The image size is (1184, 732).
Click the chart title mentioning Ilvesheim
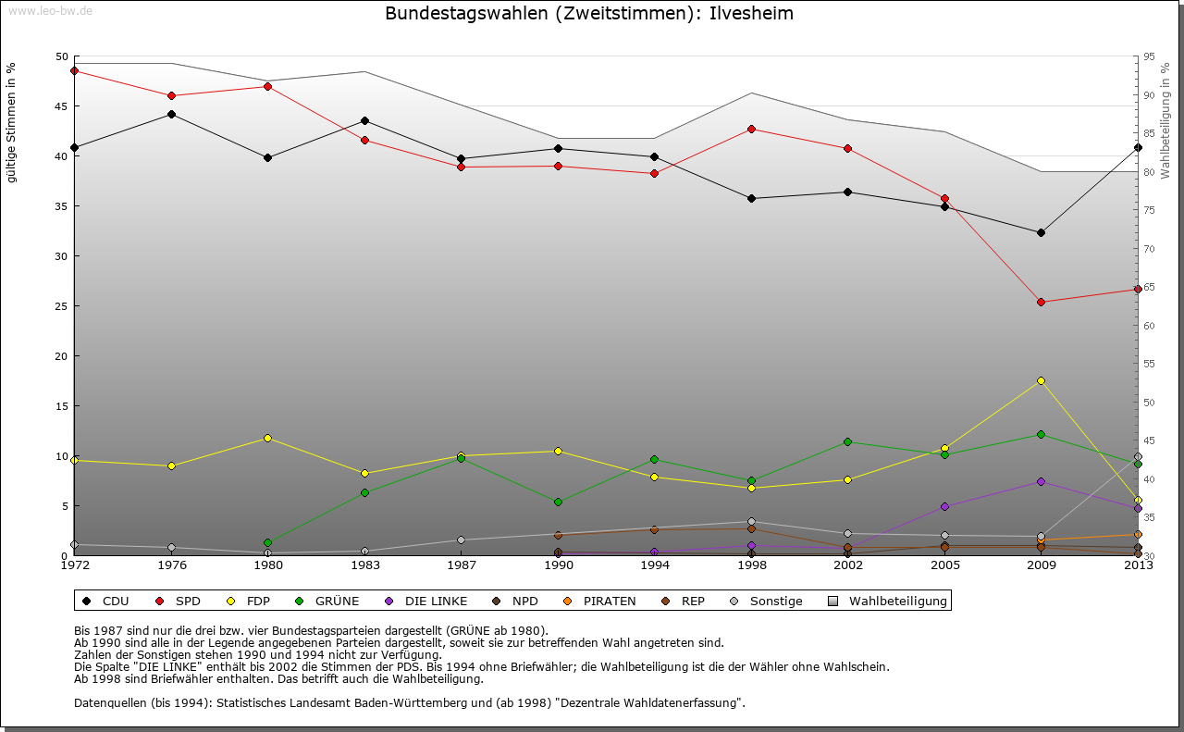[589, 14]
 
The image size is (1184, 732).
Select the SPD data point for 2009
[1041, 302]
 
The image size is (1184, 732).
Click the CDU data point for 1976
[171, 115]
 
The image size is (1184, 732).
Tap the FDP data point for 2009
[1041, 380]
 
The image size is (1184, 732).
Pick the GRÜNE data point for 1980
[267, 542]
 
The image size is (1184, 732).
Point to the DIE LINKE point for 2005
[944, 506]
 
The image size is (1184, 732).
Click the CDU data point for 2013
[1138, 148]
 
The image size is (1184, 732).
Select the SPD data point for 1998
[751, 129]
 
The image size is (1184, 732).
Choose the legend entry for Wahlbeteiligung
[889, 602]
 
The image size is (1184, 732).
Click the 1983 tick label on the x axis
[364, 565]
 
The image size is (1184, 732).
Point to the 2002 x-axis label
[847, 565]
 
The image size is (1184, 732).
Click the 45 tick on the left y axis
[62, 106]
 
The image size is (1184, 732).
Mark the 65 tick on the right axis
[1149, 288]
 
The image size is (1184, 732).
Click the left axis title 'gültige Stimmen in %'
[11, 122]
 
